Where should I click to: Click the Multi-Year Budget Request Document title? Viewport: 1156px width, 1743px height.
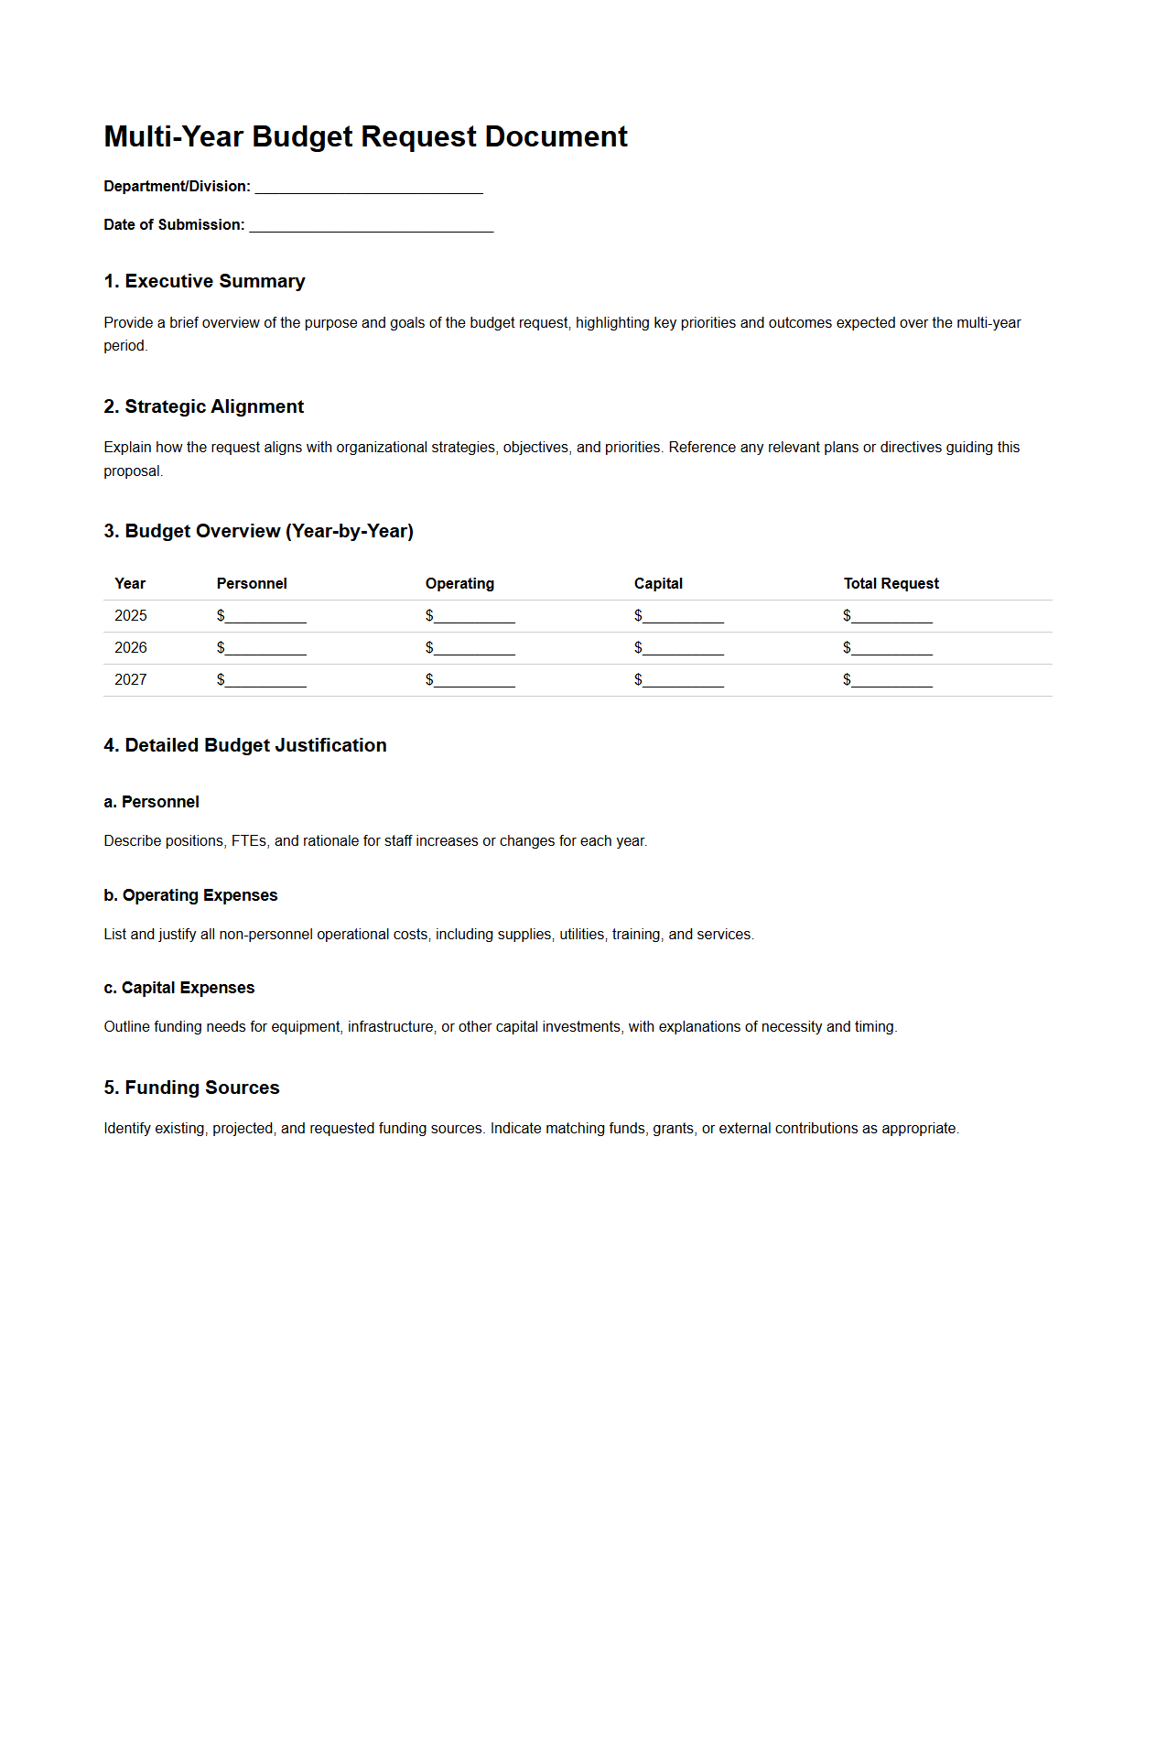tap(365, 136)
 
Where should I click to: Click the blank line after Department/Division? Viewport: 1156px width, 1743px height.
tap(368, 188)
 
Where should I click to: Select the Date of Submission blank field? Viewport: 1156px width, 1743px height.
tap(371, 226)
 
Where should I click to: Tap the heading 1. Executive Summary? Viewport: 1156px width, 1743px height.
tap(204, 281)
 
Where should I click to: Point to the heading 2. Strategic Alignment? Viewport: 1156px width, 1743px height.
tap(203, 406)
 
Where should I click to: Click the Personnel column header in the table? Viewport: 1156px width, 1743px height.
tap(252, 584)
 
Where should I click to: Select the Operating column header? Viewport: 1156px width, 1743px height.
tap(459, 584)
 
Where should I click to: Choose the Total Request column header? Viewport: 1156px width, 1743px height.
tap(891, 584)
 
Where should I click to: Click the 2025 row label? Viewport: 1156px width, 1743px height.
tap(131, 616)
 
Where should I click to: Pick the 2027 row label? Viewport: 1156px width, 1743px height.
tap(131, 680)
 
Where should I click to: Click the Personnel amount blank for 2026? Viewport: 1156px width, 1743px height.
tap(265, 649)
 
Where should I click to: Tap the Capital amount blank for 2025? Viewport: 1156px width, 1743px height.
tap(683, 617)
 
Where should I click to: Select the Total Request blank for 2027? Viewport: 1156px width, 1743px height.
tap(891, 681)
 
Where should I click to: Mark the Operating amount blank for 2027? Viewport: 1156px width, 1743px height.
tap(474, 681)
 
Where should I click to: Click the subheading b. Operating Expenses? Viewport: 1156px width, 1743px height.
tap(190, 895)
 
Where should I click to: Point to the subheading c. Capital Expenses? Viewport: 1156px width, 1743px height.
tap(178, 988)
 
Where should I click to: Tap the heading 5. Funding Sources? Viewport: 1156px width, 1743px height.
tap(191, 1088)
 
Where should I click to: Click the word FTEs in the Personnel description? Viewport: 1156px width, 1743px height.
tap(248, 841)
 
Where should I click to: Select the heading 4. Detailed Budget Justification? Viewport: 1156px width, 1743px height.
tap(244, 745)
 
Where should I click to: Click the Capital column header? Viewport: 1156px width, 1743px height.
tap(658, 584)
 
